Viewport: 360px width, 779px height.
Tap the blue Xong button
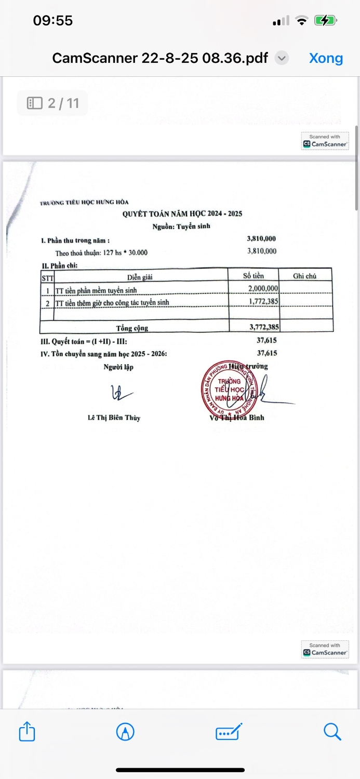pos(326,58)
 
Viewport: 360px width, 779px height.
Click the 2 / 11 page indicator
pos(52,103)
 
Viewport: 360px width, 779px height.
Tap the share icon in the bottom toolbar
pos(27,732)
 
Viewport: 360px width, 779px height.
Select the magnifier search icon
pos(332,732)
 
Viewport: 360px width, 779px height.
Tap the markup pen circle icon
pos(125,732)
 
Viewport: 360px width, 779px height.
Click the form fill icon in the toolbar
pos(229,732)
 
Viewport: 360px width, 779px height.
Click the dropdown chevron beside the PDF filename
pos(282,58)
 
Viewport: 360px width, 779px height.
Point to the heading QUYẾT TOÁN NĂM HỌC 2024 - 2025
pos(182,214)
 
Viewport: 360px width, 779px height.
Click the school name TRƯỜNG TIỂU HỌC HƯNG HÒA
pos(84,202)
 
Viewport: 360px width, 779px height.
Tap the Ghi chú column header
pos(304,276)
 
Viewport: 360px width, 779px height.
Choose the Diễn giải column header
pos(140,276)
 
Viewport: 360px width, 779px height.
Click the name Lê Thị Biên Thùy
pos(114,418)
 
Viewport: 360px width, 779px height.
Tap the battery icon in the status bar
pos(326,21)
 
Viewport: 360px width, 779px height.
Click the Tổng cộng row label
pos(132,328)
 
